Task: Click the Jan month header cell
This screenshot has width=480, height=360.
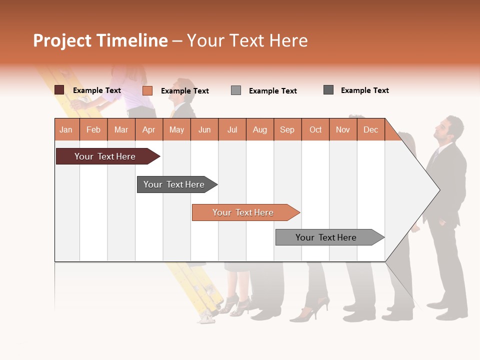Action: tap(66, 129)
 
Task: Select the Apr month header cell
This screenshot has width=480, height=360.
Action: tap(148, 129)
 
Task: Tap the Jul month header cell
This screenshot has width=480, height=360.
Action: tap(232, 129)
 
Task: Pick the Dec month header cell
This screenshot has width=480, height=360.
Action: tap(370, 129)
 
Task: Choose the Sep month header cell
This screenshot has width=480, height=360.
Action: tap(287, 129)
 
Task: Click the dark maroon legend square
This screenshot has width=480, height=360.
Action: tap(59, 90)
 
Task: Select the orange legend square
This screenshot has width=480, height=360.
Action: tap(147, 90)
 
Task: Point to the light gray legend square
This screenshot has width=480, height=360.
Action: tap(236, 90)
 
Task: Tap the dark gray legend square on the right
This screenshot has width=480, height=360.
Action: tap(328, 90)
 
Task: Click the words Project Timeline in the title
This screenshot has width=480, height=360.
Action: tap(100, 40)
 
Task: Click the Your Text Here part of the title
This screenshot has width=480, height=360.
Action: tap(247, 40)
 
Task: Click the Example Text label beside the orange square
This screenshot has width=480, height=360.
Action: tap(184, 91)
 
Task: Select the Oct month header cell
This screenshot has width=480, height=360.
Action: tap(315, 129)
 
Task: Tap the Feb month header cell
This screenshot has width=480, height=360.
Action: tap(93, 129)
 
